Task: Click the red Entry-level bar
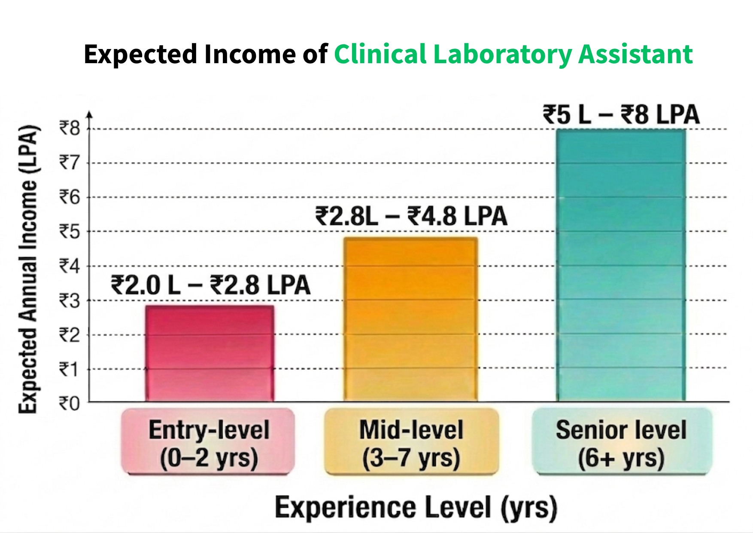[x=210, y=353]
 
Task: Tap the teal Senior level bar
[x=621, y=266]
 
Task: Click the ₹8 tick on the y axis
[x=70, y=128]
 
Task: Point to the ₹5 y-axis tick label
[x=70, y=232]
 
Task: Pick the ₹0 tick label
[x=70, y=404]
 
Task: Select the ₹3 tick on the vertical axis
[x=70, y=301]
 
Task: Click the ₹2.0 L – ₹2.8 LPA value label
[x=210, y=285]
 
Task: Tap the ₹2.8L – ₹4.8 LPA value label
[x=411, y=216]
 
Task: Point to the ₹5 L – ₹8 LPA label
[x=621, y=115]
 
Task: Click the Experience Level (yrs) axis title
[x=416, y=508]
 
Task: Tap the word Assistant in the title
[x=635, y=55]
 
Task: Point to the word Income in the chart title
[x=249, y=55]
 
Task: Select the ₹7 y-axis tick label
[x=70, y=163]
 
